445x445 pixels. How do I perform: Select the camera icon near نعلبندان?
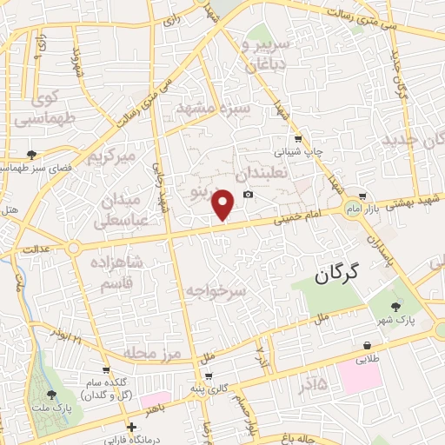coord(249,194)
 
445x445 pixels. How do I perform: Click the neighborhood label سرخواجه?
coord(216,289)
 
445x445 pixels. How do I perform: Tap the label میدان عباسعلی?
coord(121,209)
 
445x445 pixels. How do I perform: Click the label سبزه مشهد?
coord(213,108)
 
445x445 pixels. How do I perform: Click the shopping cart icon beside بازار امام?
coord(362,196)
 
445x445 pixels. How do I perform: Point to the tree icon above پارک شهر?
coord(396,306)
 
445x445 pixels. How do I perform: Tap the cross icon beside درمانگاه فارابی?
coord(131,427)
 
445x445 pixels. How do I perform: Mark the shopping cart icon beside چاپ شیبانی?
coord(298,138)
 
